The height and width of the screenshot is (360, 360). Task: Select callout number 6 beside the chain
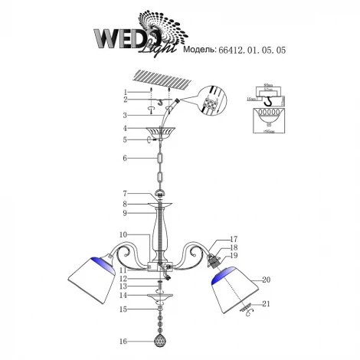coord(123,158)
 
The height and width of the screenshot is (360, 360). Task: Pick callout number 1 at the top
coord(123,92)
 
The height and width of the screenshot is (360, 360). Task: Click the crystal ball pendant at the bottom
coord(161,337)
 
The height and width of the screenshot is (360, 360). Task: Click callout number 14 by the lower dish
coord(123,295)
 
